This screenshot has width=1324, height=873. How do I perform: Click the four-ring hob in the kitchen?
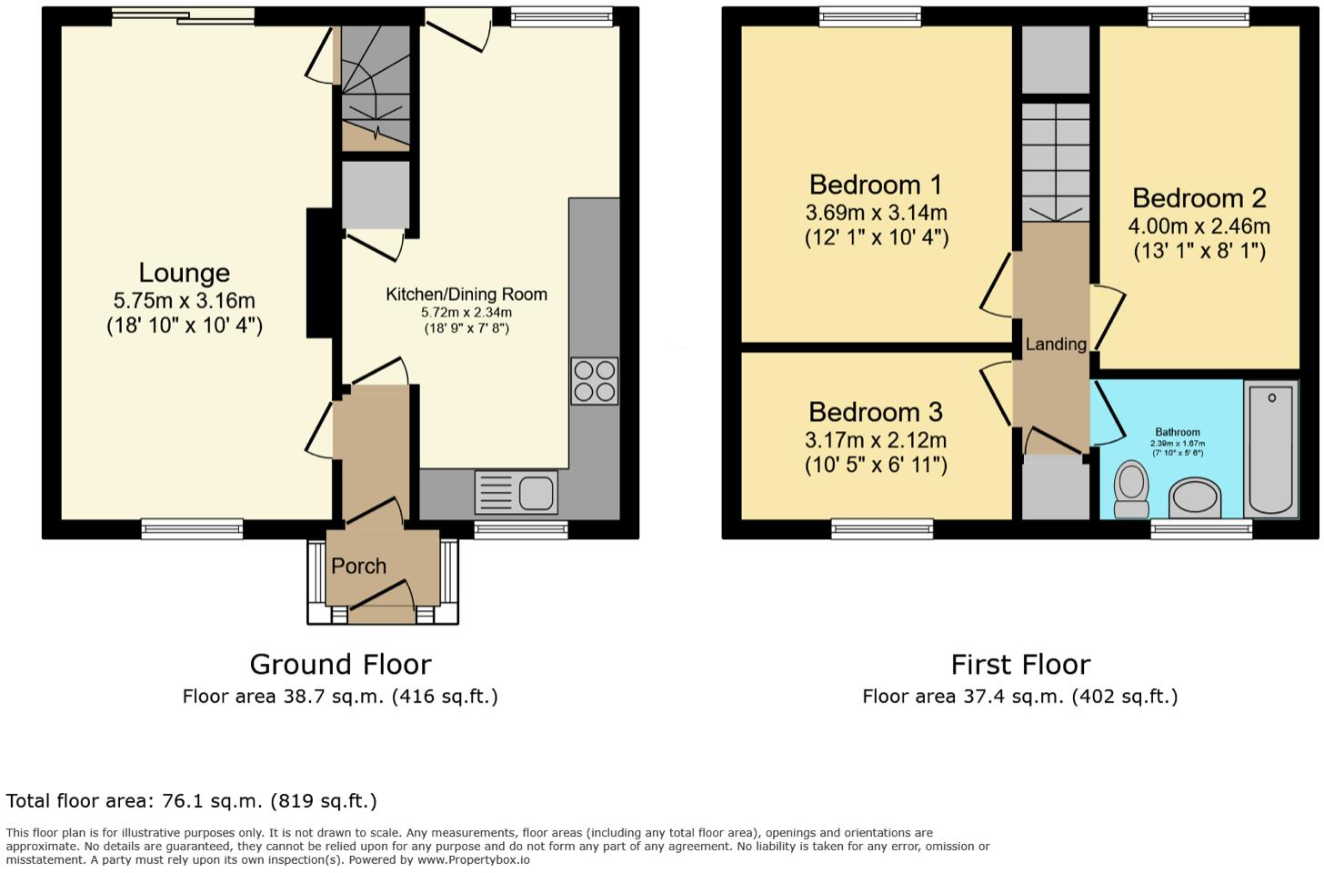point(595,381)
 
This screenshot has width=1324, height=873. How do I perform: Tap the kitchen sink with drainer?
point(516,494)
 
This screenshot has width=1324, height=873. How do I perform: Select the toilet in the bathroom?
point(1131,488)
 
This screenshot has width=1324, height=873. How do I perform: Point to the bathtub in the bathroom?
point(1270,449)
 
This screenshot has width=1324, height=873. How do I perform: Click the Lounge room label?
point(184,273)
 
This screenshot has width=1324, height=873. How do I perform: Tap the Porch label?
point(358,566)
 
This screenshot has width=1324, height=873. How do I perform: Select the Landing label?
point(1055,344)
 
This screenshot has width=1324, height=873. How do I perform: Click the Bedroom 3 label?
point(876,412)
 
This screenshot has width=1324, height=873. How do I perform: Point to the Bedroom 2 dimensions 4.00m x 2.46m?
point(1199,226)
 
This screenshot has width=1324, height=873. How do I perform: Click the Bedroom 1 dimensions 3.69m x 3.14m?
point(876,213)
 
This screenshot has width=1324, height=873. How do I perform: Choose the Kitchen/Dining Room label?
point(466,294)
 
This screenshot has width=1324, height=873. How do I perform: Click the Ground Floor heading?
point(340,665)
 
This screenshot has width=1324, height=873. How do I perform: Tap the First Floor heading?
point(1020,665)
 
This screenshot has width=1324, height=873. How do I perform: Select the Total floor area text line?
point(191,801)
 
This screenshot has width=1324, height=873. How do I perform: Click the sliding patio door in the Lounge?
point(183,15)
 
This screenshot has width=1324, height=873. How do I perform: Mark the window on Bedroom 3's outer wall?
point(882,528)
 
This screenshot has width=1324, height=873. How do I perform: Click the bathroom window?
point(1201,528)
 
